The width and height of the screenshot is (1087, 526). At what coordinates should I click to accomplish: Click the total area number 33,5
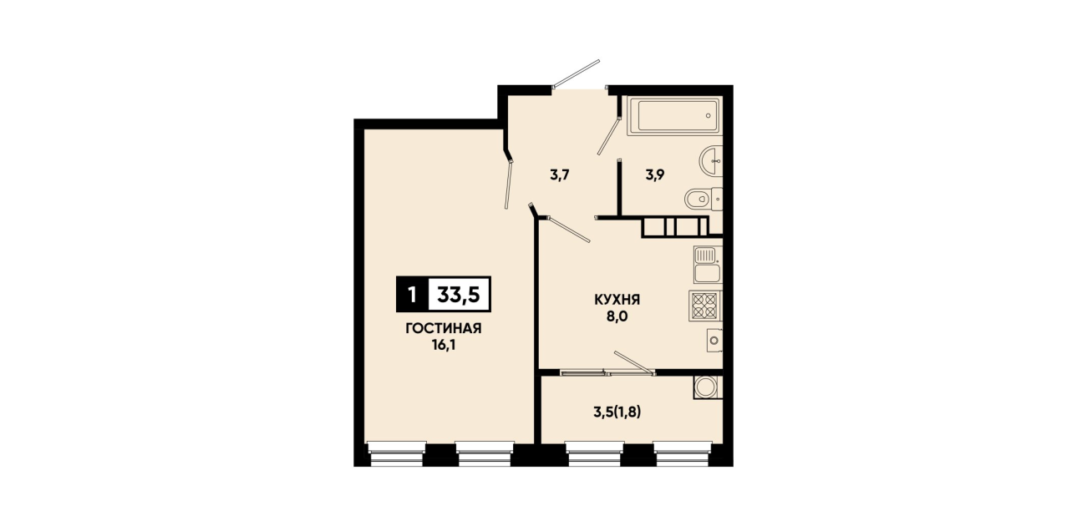tap(459, 294)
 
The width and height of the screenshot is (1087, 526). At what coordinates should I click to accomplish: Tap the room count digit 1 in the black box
tap(412, 294)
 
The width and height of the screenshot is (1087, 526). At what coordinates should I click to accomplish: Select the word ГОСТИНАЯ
tap(444, 329)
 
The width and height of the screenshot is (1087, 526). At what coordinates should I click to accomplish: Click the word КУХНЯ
tap(617, 300)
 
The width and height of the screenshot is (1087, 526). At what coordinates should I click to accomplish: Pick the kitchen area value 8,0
tap(617, 316)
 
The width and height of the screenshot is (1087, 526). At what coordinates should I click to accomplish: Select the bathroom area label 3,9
tap(655, 174)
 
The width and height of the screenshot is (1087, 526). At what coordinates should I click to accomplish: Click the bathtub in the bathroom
tap(674, 115)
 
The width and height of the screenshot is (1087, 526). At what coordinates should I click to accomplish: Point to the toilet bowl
tap(704, 199)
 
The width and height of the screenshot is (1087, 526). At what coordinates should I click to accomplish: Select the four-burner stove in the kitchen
tap(705, 306)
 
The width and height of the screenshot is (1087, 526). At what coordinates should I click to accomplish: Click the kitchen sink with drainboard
tap(708, 264)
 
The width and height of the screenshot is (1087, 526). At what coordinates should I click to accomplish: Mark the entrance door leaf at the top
tap(577, 73)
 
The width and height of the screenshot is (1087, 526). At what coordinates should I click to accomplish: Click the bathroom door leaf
tap(609, 135)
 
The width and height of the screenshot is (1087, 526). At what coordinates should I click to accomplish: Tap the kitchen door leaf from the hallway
tap(568, 230)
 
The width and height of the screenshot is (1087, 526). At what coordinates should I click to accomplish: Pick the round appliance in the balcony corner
tap(708, 387)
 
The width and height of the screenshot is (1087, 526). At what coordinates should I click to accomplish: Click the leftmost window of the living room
tap(397, 453)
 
